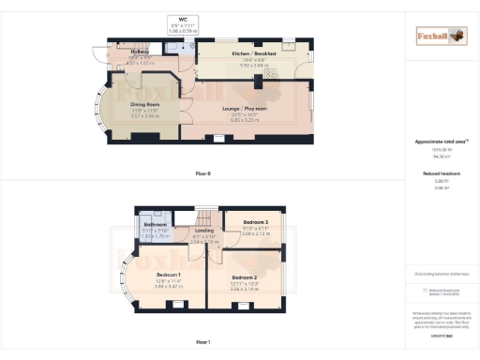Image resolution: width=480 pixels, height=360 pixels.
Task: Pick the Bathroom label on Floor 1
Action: [154, 225]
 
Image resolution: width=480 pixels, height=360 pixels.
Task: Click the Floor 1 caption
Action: [203, 342]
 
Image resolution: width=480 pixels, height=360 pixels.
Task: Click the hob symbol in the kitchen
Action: [273, 73]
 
